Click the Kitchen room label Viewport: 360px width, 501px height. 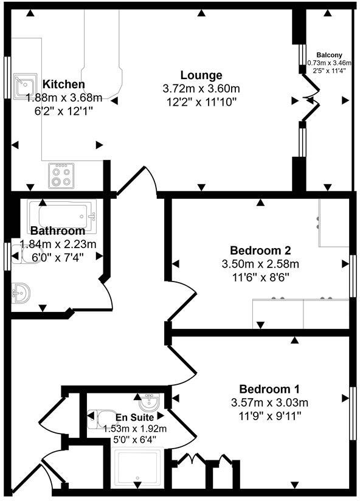pos(63,84)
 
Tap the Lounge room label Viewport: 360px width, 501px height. pos(201,75)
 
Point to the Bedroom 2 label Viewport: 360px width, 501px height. pos(260,250)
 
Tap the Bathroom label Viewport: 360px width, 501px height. pos(58,231)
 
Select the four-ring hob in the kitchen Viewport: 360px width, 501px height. pos(62,175)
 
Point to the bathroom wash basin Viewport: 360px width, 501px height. pos(21,294)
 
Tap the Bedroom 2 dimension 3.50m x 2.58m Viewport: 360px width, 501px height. pos(260,264)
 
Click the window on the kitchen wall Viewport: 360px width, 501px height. pos(7,78)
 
